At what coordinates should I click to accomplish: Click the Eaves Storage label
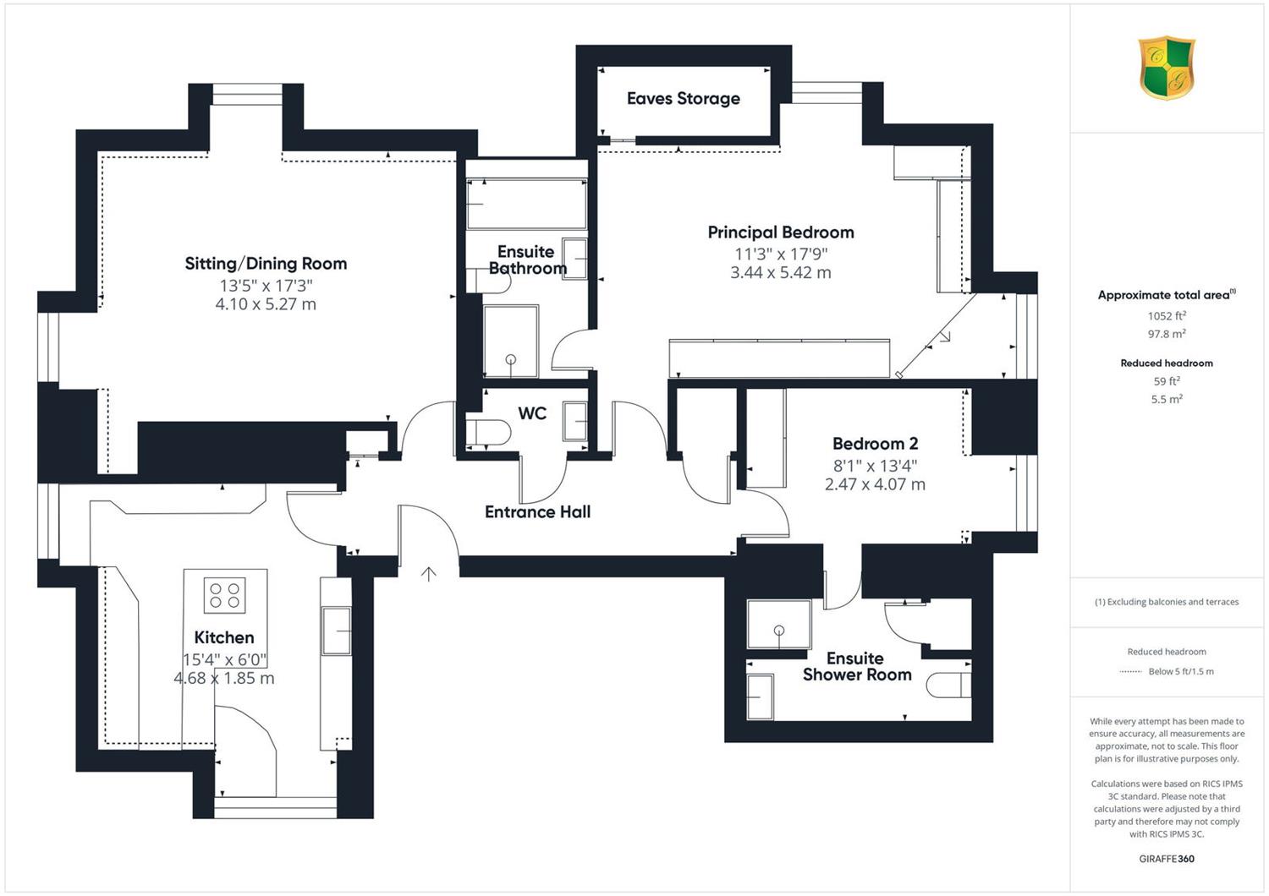(x=684, y=99)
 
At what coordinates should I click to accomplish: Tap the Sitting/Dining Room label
(x=266, y=264)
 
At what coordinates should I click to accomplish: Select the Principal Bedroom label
(x=781, y=232)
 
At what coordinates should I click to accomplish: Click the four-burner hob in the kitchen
(x=225, y=595)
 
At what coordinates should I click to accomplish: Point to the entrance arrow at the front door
(x=428, y=574)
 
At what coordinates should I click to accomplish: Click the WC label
(x=532, y=413)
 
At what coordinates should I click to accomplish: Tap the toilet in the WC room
(x=488, y=433)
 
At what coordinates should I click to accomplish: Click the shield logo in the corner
(x=1167, y=68)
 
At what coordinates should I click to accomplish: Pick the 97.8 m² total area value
(x=1167, y=334)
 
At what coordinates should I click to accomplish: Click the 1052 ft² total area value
(x=1167, y=316)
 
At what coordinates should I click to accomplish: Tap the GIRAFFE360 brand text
(x=1167, y=859)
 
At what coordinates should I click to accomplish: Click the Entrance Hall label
(x=537, y=512)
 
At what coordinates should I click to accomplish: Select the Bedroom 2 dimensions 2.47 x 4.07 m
(x=876, y=484)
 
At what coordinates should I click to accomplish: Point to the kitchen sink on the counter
(x=336, y=631)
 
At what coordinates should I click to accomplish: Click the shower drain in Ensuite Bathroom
(x=510, y=359)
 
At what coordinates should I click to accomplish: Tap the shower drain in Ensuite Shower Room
(x=779, y=630)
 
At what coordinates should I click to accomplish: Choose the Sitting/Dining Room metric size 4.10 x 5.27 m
(x=266, y=304)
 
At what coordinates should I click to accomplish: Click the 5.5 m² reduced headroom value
(x=1167, y=399)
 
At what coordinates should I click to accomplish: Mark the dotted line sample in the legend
(x=1131, y=672)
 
